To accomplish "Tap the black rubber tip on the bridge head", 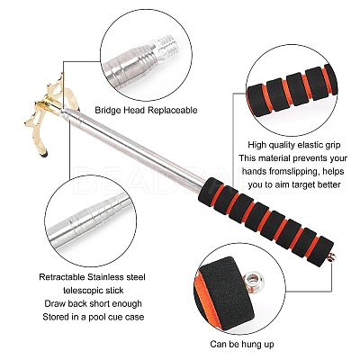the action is [x=45, y=155].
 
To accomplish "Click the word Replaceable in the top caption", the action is [x=173, y=110].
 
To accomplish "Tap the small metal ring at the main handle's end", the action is [x=331, y=256].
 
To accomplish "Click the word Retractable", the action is [x=62, y=277].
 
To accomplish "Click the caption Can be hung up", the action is [x=242, y=344].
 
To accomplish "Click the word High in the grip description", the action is [x=257, y=145].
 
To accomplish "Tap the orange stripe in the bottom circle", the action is [x=210, y=296].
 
